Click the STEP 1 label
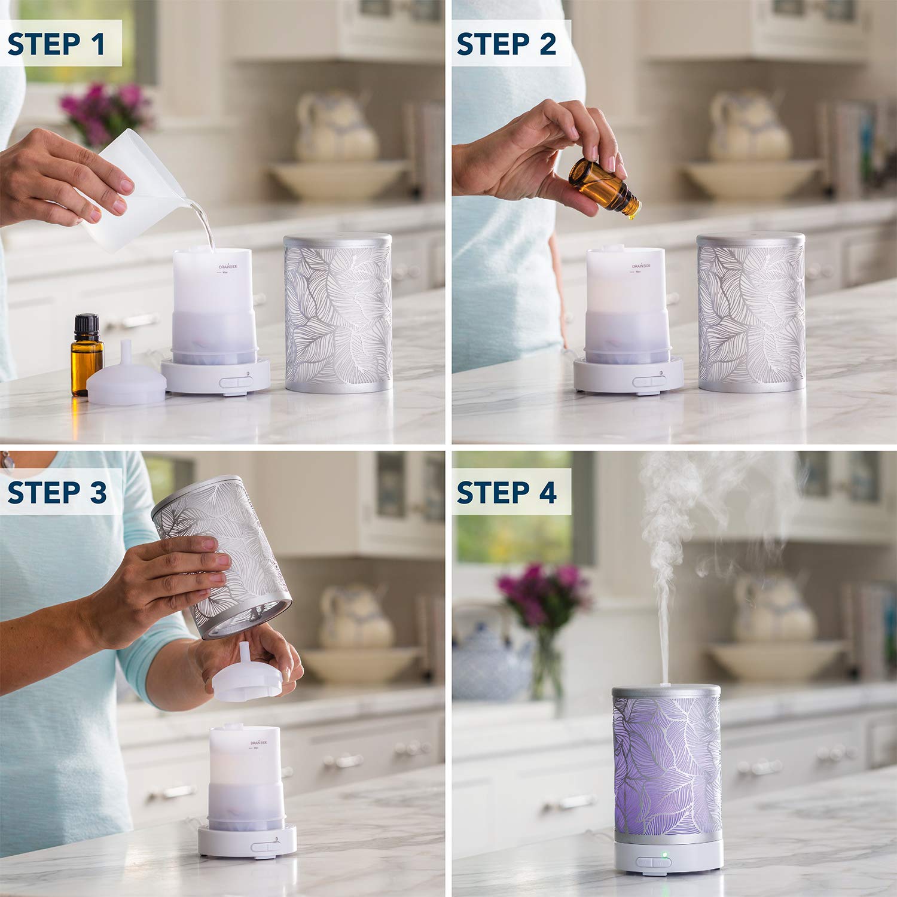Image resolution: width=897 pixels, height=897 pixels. [57, 44]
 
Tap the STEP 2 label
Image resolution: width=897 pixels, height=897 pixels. [507, 44]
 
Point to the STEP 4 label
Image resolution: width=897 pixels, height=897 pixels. [507, 492]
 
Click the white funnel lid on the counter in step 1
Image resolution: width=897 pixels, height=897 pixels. [127, 377]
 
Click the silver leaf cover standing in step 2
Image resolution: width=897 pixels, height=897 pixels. [751, 311]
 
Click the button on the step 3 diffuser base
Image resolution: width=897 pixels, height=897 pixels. [263, 847]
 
